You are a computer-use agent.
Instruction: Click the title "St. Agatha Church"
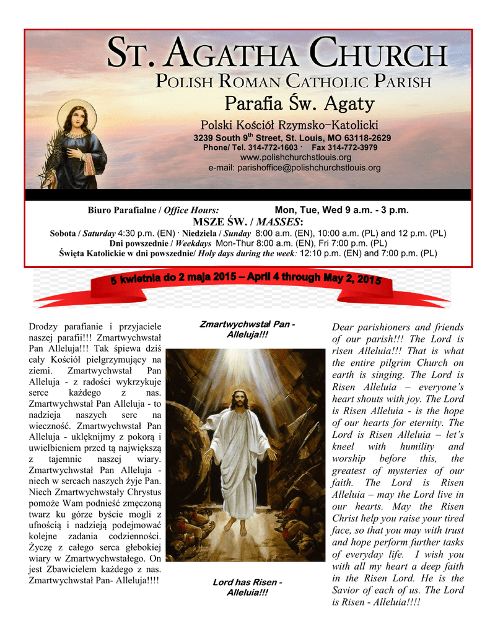[276, 54]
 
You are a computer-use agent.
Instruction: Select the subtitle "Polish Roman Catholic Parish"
[292, 81]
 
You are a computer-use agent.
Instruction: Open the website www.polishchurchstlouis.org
[291, 157]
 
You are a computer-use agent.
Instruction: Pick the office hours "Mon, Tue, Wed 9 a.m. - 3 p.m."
[341, 211]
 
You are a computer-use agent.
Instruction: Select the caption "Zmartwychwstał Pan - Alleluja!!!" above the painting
[246, 330]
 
